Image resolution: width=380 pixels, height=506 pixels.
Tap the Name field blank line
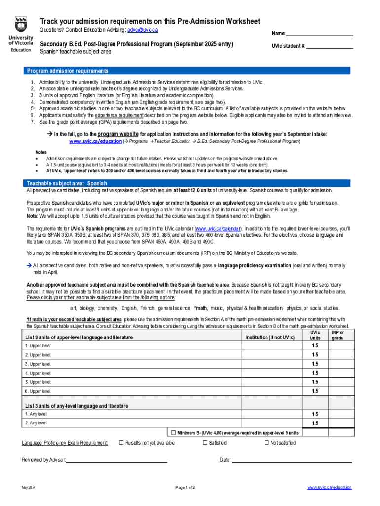[319, 34]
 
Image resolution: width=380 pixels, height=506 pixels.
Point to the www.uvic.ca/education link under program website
[95, 141]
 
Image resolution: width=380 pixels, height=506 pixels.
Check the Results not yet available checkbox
[121, 443]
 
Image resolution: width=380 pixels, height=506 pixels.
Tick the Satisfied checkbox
[205, 443]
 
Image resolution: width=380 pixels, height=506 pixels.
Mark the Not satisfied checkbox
[266, 443]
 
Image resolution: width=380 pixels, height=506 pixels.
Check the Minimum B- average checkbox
[173, 433]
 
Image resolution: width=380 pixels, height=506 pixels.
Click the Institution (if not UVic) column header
[270, 337]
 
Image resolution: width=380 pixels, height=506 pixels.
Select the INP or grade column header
[337, 336]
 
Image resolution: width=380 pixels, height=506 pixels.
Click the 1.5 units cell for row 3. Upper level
[315, 364]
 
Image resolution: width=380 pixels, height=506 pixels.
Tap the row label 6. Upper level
[38, 391]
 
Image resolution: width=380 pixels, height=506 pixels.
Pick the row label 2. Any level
[36, 423]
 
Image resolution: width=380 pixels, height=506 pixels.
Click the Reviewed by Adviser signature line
[116, 461]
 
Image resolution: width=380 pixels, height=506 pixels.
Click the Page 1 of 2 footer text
[185, 488]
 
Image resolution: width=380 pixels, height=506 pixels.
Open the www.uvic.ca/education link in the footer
[329, 488]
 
